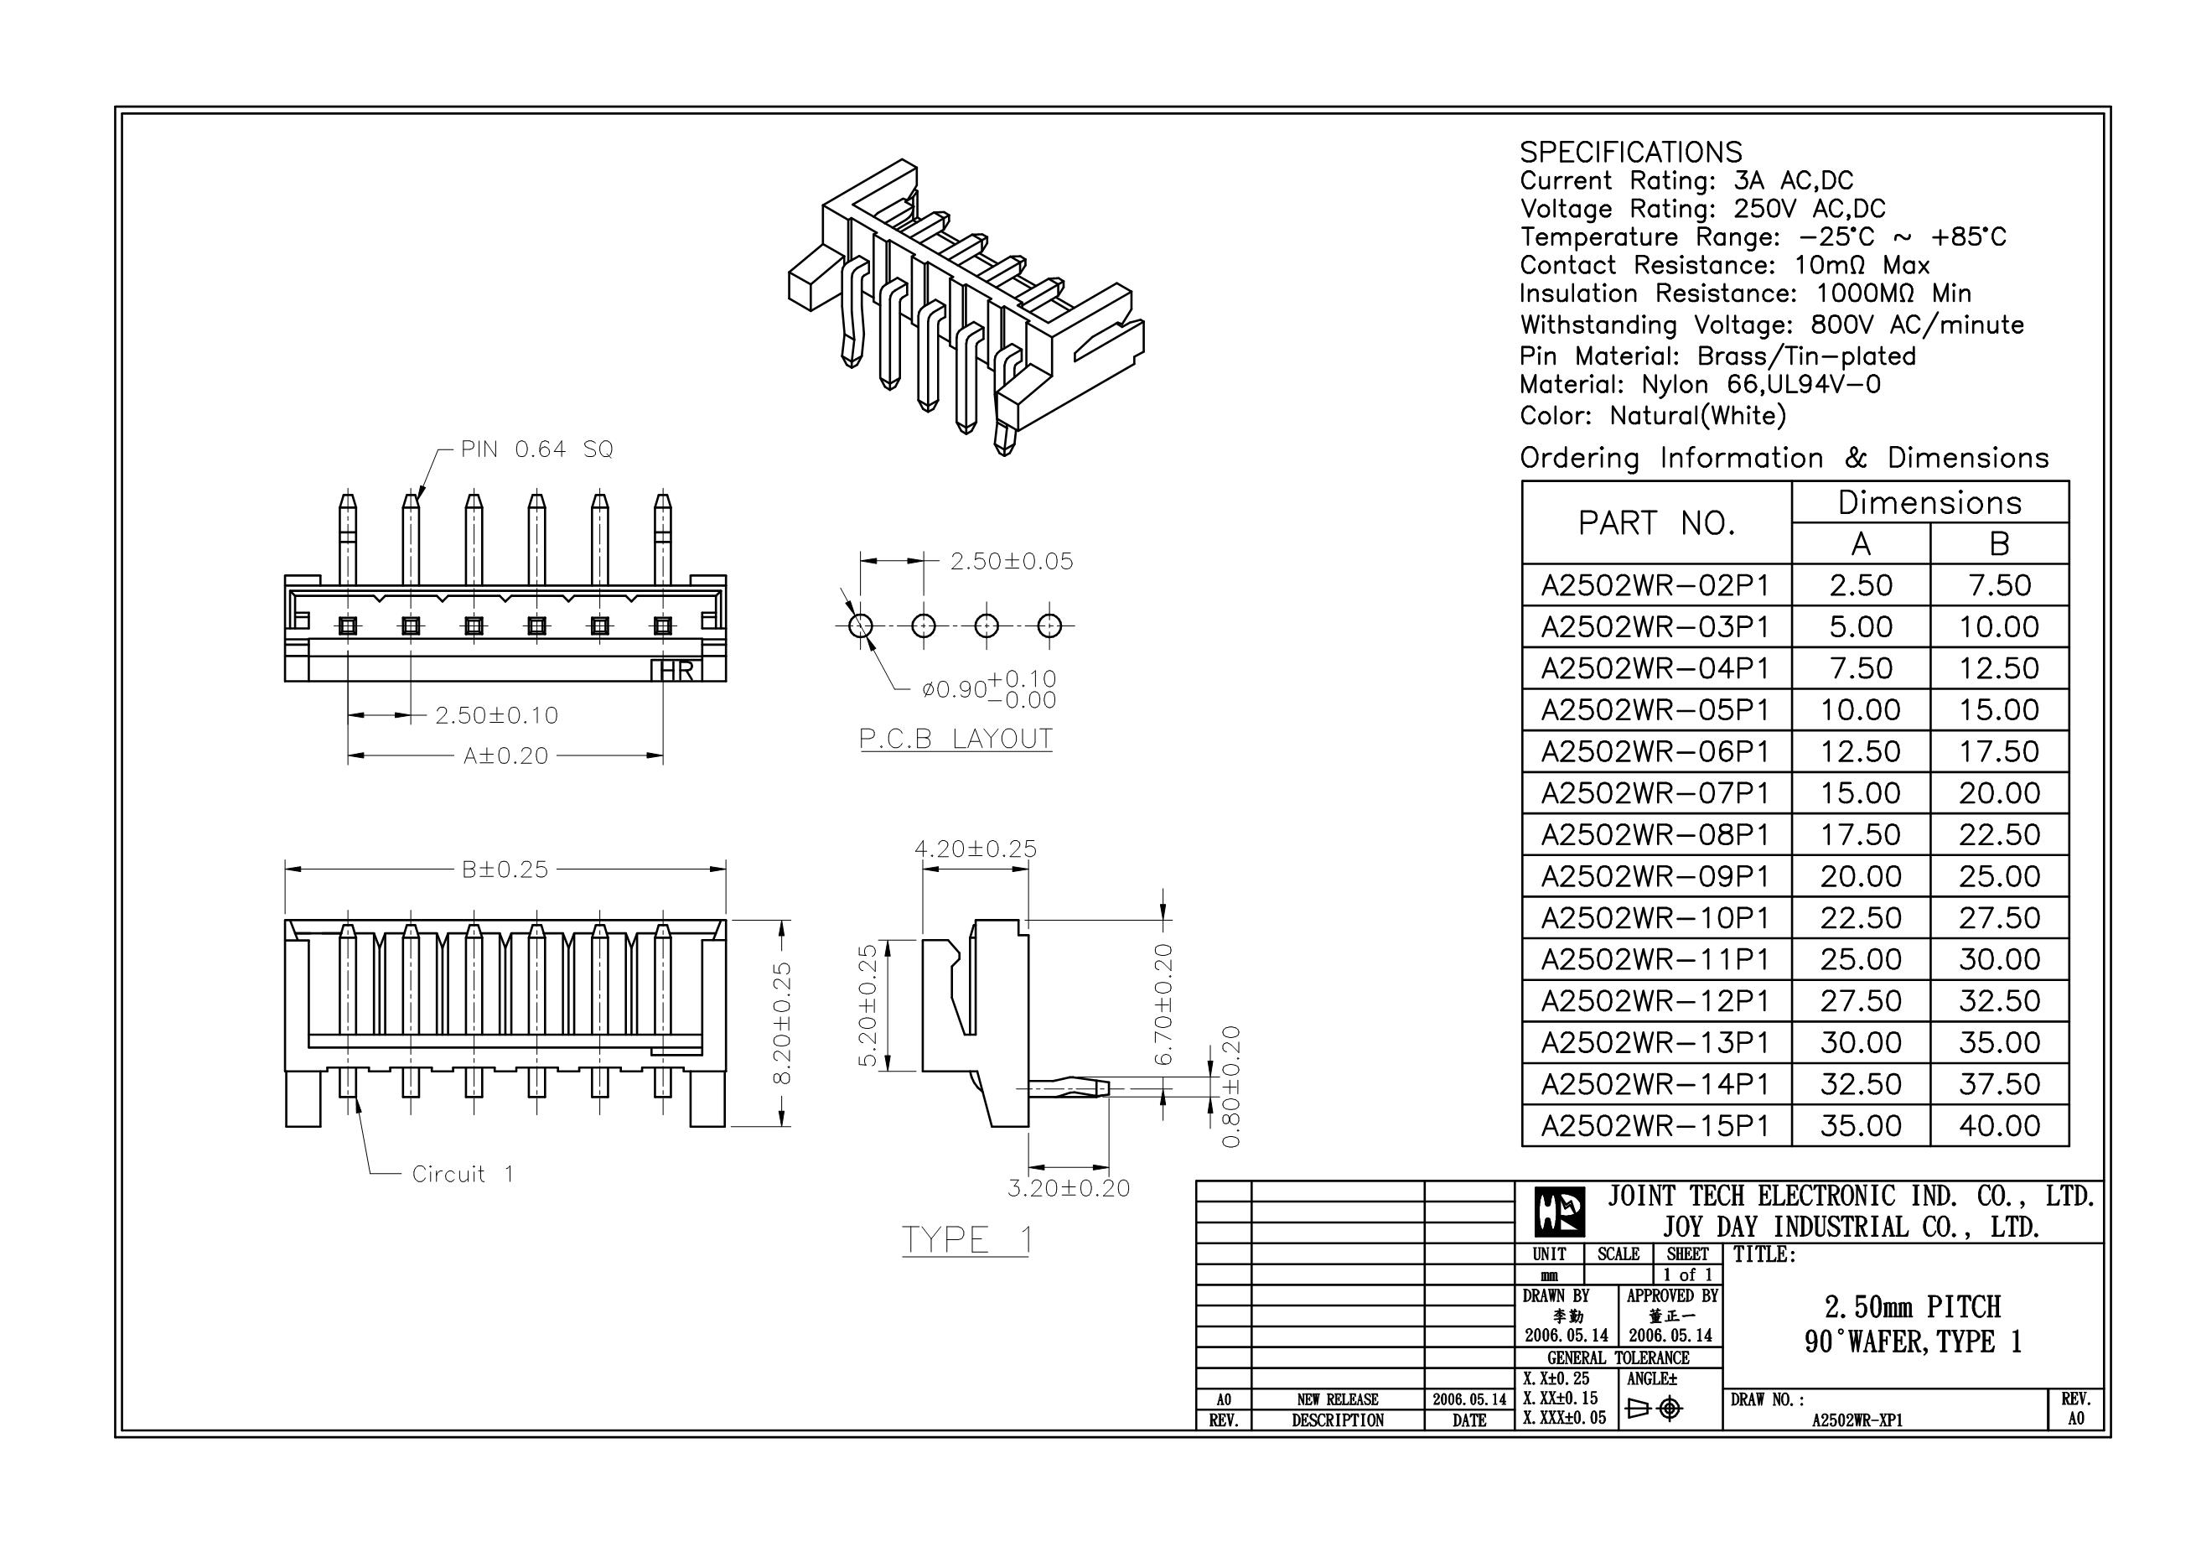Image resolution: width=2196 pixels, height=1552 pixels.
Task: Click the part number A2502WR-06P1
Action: pyautogui.click(x=1655, y=752)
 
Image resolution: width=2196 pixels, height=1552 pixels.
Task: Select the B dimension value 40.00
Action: pyautogui.click(x=1999, y=1126)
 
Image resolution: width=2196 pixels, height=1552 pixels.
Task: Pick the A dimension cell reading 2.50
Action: pyautogui.click(x=1860, y=585)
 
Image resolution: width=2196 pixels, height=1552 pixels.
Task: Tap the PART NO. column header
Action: pyautogui.click(x=1655, y=523)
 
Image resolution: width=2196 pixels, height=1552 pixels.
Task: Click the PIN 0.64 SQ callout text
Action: pyautogui.click(x=536, y=449)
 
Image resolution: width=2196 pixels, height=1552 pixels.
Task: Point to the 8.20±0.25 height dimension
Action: pyautogui.click(x=782, y=1023)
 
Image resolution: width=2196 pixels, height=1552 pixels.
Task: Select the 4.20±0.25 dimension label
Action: pyautogui.click(x=975, y=849)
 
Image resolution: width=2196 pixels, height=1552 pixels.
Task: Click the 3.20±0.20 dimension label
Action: pyautogui.click(x=1069, y=1188)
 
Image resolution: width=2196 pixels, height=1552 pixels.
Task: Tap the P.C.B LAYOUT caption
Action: pyautogui.click(x=956, y=739)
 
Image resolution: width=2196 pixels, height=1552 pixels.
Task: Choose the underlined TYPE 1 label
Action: pyautogui.click(x=967, y=1240)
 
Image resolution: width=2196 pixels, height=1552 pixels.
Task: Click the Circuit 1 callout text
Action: pyautogui.click(x=463, y=1174)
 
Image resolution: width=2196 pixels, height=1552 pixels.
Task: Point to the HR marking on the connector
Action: pyautogui.click(x=677, y=671)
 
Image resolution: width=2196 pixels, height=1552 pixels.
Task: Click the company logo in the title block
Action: pyautogui.click(x=1559, y=1212)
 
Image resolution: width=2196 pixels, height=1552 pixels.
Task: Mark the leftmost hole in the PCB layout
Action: pyautogui.click(x=861, y=625)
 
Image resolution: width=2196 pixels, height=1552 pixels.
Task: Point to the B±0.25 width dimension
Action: pyautogui.click(x=505, y=869)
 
